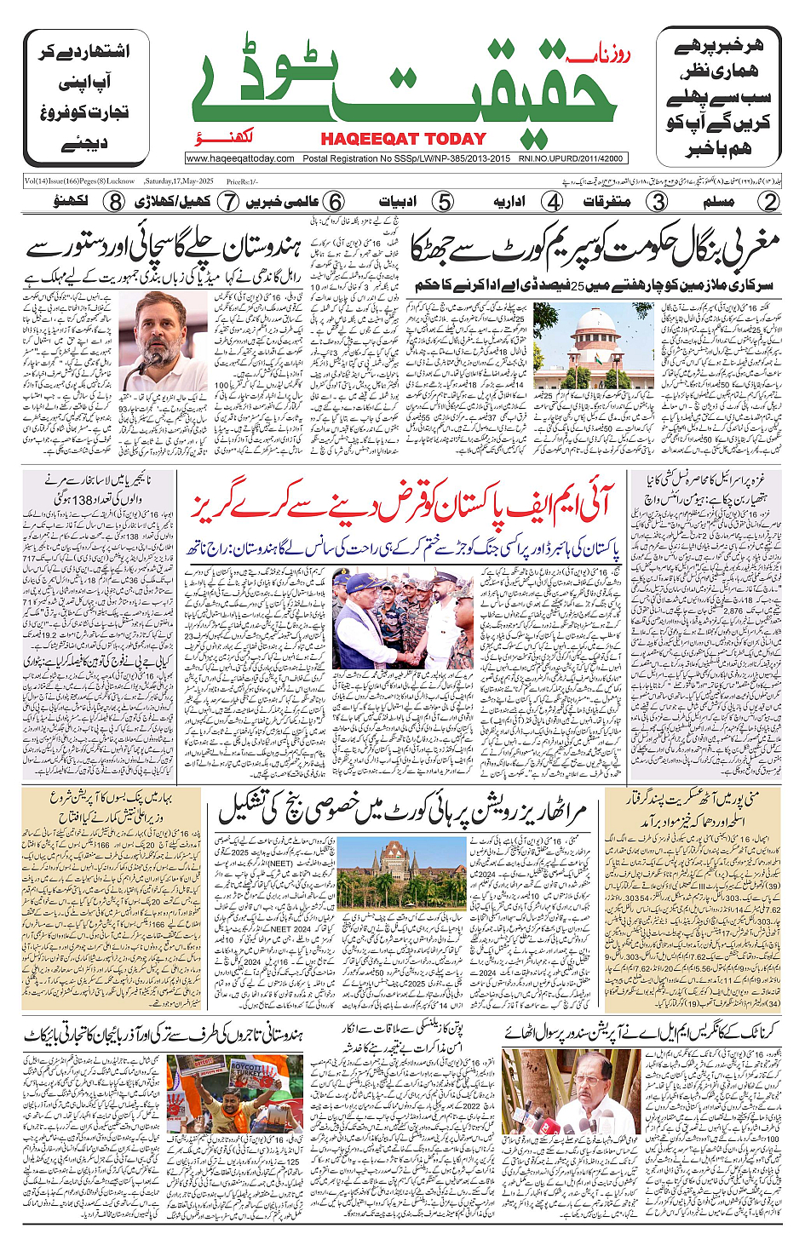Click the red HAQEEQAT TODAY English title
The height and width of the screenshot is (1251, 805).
coord(403,139)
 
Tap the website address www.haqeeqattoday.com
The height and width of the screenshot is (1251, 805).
coord(240,158)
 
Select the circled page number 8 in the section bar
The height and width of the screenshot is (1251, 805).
coord(115,202)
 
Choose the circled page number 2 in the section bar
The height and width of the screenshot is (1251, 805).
coord(769,202)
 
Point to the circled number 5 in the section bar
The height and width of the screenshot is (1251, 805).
coord(443,202)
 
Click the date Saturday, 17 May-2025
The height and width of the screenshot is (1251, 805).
coord(179,181)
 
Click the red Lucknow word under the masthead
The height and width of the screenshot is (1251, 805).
coord(256,138)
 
